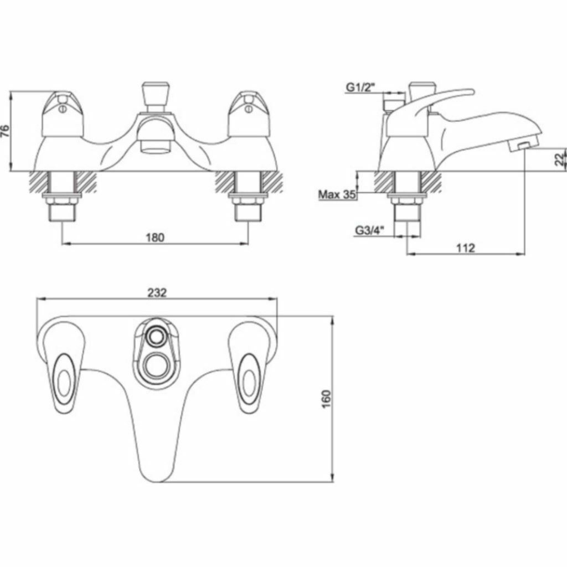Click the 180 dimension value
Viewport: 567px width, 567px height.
click(156, 237)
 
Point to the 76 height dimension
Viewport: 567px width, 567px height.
click(6, 132)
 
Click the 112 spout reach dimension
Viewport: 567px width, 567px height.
click(466, 248)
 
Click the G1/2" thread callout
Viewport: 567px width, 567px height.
click(360, 87)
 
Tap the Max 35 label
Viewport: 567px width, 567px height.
click(336, 194)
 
